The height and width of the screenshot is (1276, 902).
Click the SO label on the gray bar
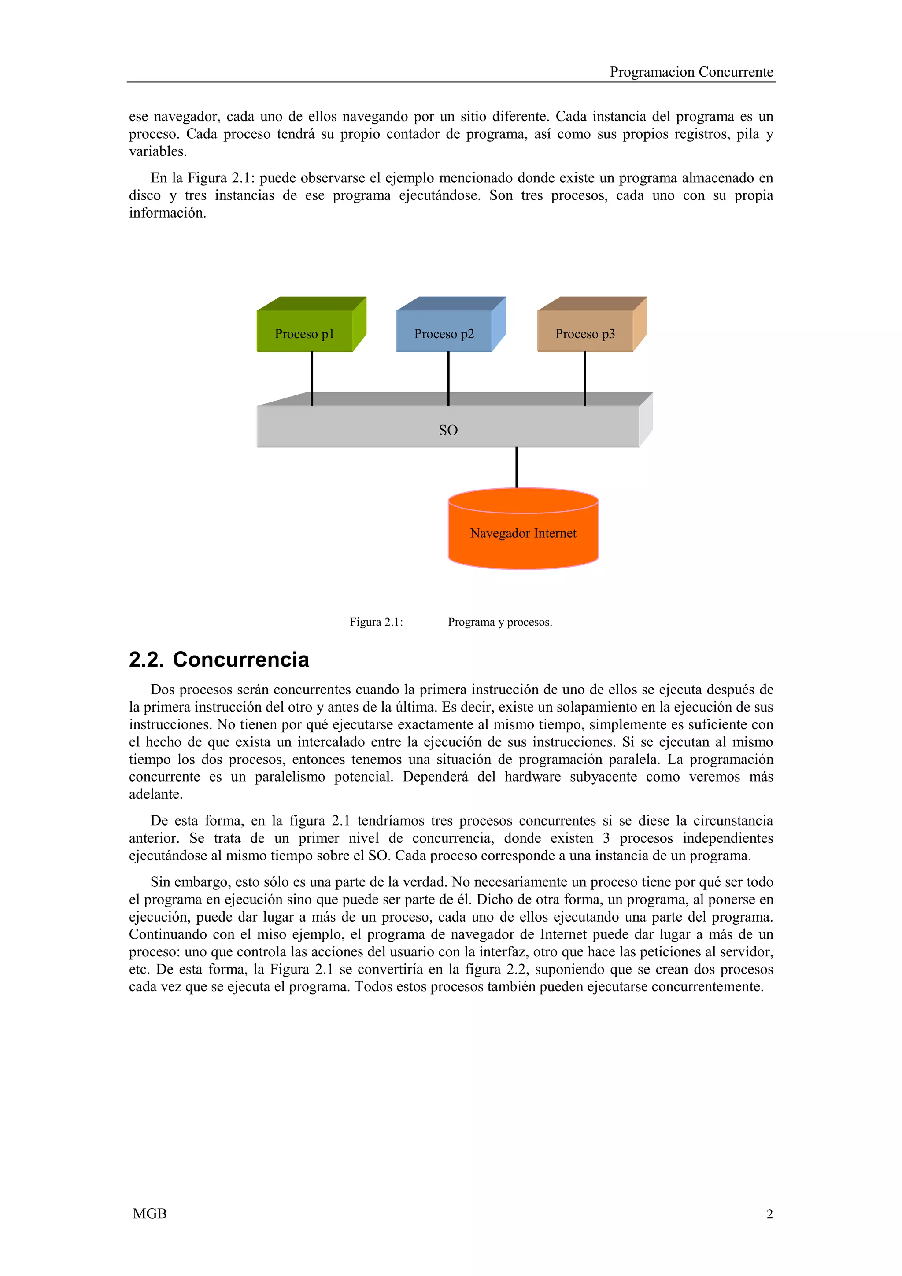(x=448, y=430)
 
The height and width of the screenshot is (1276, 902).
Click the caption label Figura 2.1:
(x=376, y=622)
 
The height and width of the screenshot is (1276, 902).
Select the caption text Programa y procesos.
(x=499, y=622)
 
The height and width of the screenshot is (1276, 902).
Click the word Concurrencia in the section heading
(x=240, y=660)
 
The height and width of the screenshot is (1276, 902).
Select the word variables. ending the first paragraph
(x=158, y=152)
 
